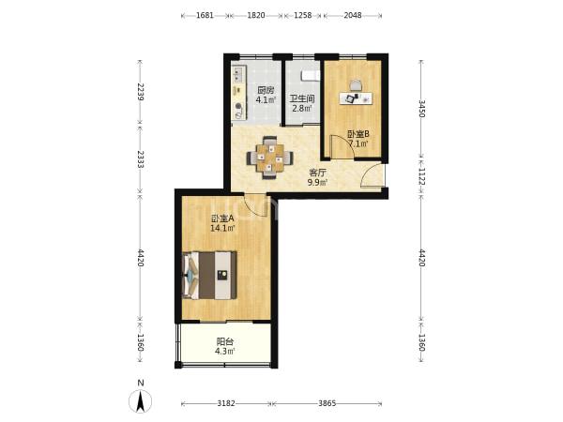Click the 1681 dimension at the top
coord(205,15)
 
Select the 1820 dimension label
coord(256,15)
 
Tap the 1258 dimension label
coord(303,15)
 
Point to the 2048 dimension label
coord(353,15)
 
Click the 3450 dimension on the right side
coord(421,109)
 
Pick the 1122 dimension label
coord(421,176)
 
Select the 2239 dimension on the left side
coord(141,92)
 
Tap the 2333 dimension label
coord(141,159)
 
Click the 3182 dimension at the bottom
coord(226,403)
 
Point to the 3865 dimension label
coord(327,403)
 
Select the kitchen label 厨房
coord(266,90)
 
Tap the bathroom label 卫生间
coord(302,98)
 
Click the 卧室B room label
coord(358,134)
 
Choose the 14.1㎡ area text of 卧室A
coord(222,228)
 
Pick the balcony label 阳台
coord(225,341)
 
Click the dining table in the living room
coord(269,158)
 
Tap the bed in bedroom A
coord(209,275)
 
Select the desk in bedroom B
coord(356,98)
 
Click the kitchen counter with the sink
coord(239,93)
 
